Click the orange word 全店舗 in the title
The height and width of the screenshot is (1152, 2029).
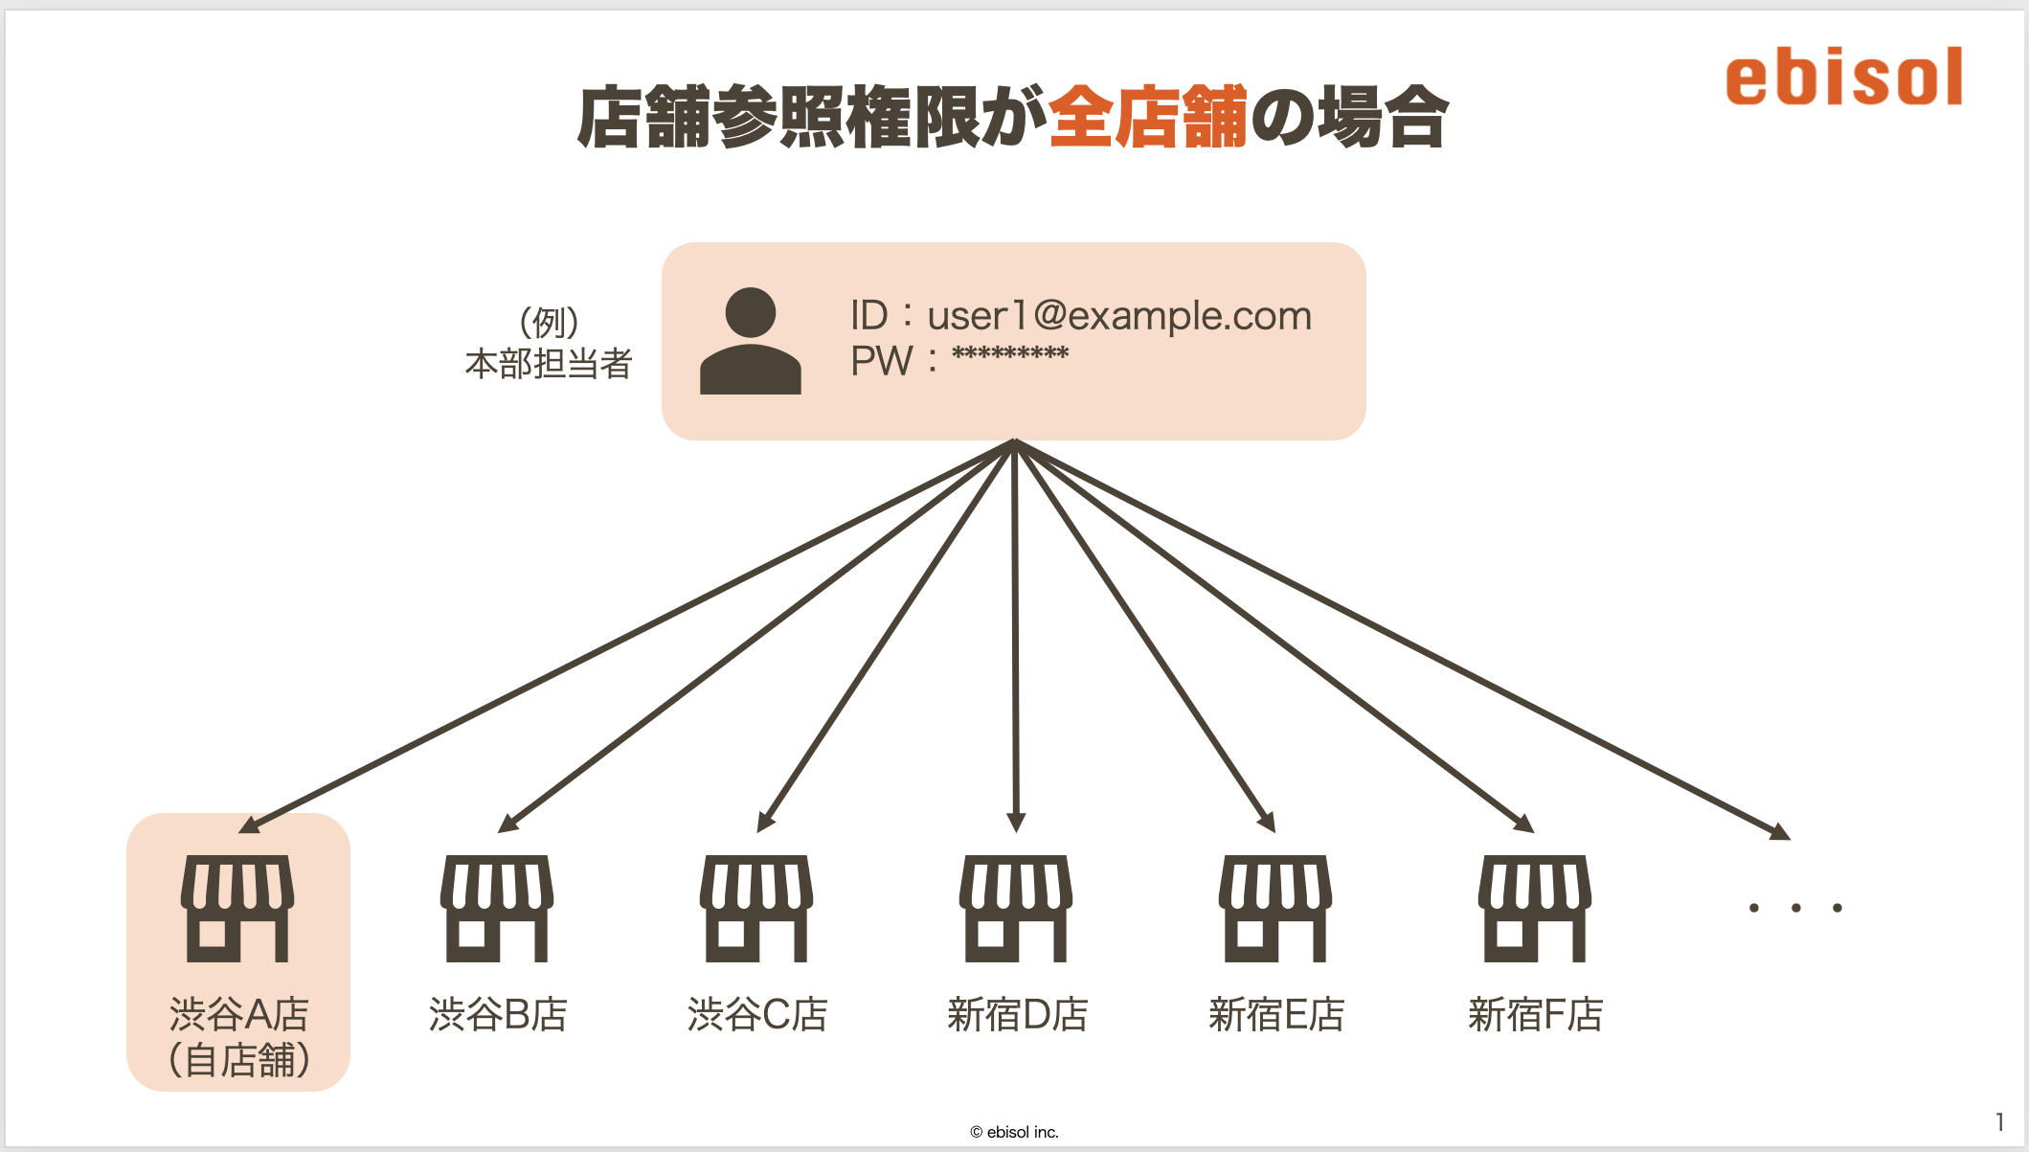1149,117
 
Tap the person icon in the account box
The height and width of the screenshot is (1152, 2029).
751,341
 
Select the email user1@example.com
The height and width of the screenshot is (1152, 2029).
1119,315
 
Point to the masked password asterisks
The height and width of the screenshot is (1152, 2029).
1010,355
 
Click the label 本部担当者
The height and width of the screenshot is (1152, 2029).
549,364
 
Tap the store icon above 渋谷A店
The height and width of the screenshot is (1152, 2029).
237,909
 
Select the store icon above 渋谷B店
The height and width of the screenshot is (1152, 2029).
497,909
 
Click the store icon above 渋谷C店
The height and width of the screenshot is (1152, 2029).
756,909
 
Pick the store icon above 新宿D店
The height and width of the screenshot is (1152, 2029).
1016,909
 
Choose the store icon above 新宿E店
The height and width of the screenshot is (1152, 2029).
1275,909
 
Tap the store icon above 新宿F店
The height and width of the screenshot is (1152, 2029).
1535,909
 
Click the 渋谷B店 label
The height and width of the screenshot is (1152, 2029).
498,1014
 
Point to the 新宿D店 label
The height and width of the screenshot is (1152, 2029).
1017,1014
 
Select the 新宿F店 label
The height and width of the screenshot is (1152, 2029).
1535,1014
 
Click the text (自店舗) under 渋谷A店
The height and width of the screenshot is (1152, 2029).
238,1060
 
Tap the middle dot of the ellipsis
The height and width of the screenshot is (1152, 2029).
1795,908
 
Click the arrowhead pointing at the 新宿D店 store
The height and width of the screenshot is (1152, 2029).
1016,823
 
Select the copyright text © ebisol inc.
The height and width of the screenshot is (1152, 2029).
1014,1132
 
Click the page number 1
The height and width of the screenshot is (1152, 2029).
1999,1121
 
